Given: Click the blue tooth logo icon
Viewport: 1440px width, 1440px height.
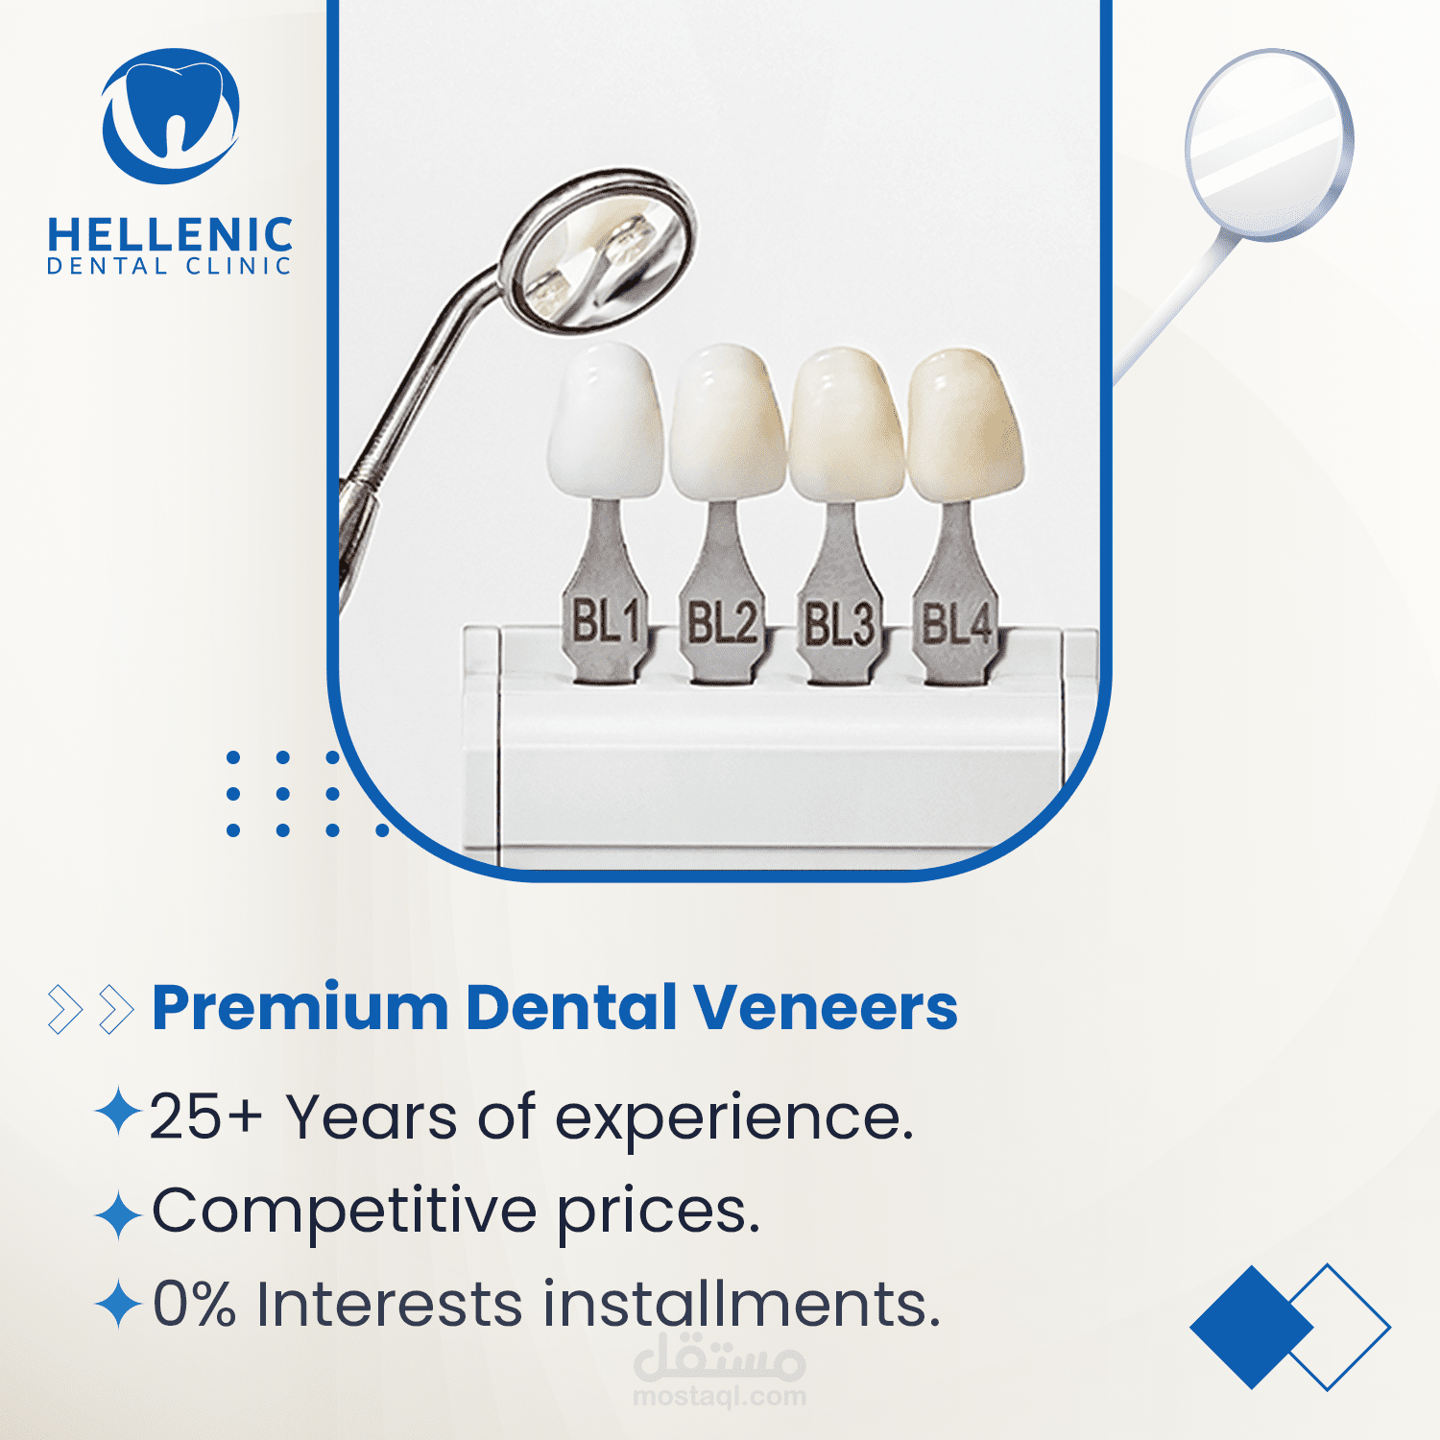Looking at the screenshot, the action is click(x=171, y=115).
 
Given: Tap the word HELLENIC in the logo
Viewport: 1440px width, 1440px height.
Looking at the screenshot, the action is click(x=170, y=235).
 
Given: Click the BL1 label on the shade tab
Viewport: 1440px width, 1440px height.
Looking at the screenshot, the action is click(x=606, y=621).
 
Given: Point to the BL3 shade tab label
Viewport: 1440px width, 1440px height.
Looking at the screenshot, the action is click(x=839, y=624).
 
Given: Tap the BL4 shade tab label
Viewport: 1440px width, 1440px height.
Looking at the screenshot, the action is click(x=956, y=623).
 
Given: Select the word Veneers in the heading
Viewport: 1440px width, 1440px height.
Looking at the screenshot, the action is click(x=826, y=1008).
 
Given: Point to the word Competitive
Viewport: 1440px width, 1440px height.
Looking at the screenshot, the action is click(x=344, y=1212).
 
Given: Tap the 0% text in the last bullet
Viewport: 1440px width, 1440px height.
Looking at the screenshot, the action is click(x=195, y=1304).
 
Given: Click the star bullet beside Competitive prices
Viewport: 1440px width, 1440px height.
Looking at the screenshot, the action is click(x=119, y=1214).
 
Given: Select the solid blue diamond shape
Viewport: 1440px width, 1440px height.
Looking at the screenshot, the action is click(x=1252, y=1327).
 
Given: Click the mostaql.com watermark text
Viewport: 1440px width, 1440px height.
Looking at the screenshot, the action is click(x=720, y=1397).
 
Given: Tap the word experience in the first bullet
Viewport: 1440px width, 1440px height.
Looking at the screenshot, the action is click(x=734, y=1119).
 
